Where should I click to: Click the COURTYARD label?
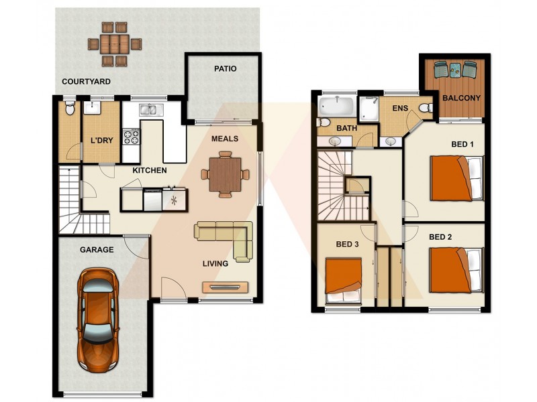tap(86, 82)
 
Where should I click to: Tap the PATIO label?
tap(225, 68)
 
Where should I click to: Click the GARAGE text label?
tap(97, 250)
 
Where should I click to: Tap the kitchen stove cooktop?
tap(132, 137)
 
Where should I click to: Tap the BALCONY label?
tap(461, 98)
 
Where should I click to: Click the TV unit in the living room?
tap(226, 287)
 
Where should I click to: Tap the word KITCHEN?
tap(149, 171)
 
